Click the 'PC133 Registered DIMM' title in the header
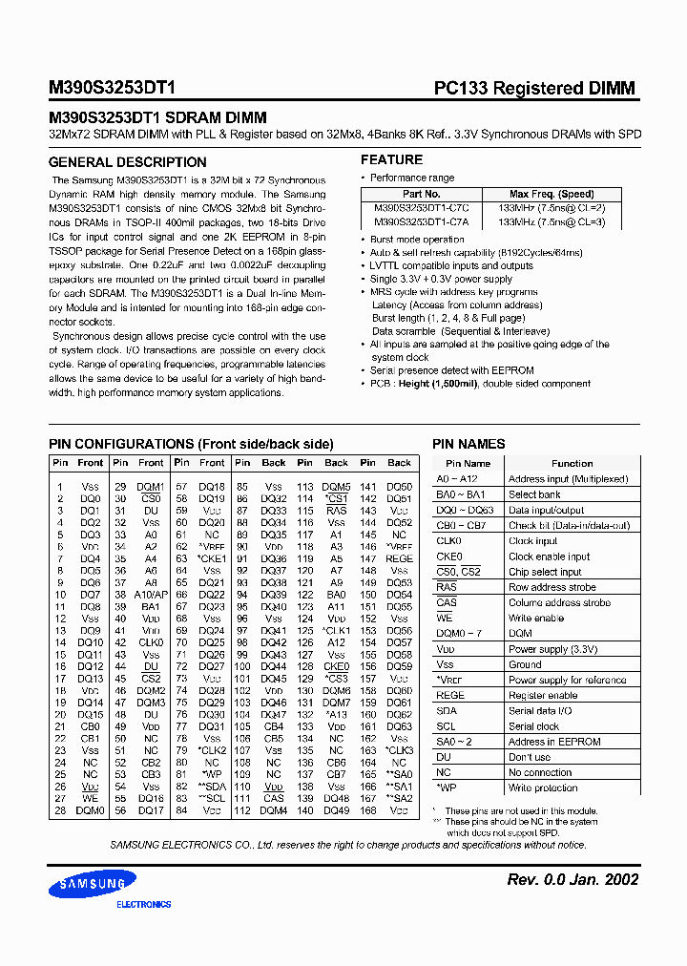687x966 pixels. [534, 89]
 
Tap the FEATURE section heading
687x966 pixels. [391, 159]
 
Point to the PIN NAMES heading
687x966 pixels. [468, 444]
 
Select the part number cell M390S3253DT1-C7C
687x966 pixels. [408, 207]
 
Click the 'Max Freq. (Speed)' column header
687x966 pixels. [552, 194]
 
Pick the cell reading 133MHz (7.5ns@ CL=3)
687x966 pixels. [552, 220]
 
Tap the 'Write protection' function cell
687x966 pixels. [543, 788]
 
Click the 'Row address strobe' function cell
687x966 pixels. [552, 587]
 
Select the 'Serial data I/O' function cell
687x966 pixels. [540, 711]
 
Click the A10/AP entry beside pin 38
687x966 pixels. [152, 595]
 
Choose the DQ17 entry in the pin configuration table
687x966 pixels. [151, 810]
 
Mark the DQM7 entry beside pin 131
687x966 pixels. [336, 703]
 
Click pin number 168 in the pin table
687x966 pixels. [368, 810]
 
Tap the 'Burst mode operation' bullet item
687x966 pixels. [417, 240]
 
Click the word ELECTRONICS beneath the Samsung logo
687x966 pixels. [143, 904]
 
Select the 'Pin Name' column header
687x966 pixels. [468, 463]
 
